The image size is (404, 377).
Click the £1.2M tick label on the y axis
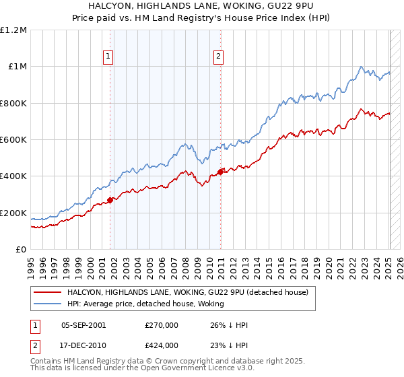[x=13, y=30]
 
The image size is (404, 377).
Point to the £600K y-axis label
[x=13, y=140]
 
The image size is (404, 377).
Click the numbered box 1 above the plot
[x=109, y=57]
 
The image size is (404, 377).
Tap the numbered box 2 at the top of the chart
[x=220, y=57]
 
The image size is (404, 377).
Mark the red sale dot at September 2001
[x=110, y=200]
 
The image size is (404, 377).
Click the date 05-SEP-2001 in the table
[x=83, y=325]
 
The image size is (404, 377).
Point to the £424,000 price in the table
[x=161, y=345]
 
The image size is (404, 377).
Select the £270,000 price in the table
[x=161, y=325]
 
